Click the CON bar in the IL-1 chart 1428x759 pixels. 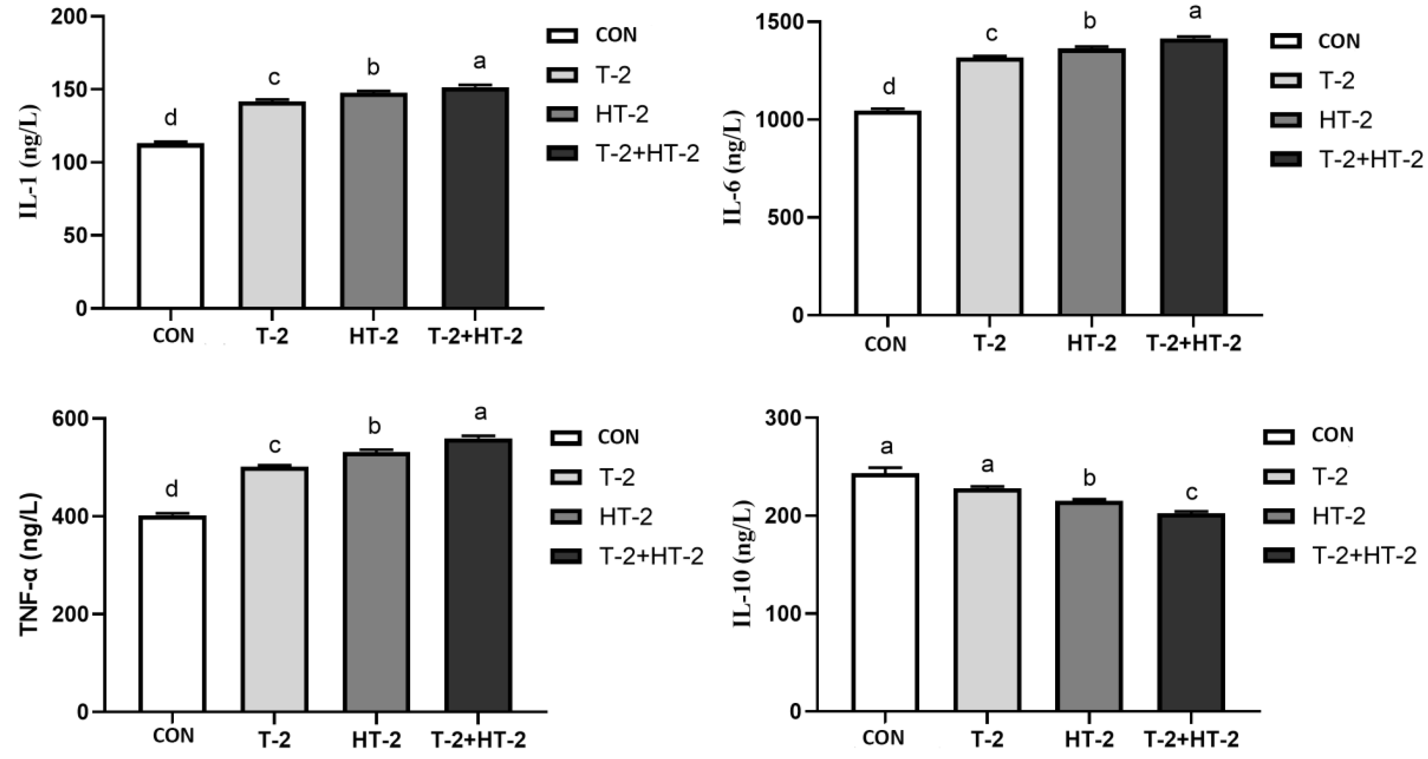coord(171,226)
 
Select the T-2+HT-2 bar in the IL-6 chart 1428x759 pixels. coord(1194,177)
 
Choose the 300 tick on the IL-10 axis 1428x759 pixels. coord(783,417)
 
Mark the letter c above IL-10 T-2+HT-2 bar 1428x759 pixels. coord(1191,492)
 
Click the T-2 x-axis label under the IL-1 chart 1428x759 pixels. coord(272,337)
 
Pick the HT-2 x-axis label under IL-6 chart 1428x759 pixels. coord(1091,344)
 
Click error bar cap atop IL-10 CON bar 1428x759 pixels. coord(885,468)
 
